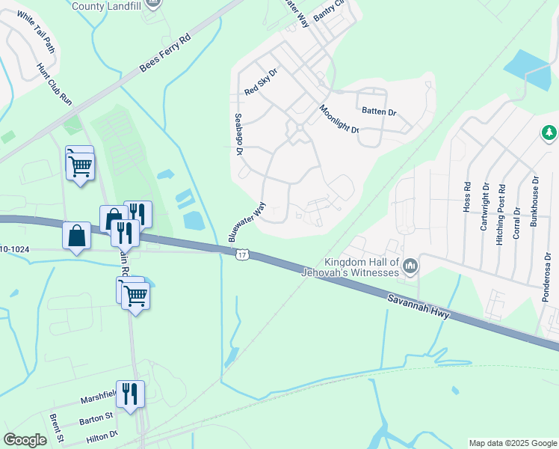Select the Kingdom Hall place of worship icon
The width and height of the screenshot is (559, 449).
coord(410,266)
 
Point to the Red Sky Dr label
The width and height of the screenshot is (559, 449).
coord(261,82)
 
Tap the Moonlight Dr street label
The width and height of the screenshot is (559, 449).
coord(339,118)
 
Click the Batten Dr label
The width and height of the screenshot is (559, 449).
coord(379,112)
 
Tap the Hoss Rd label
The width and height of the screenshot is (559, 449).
coord(467,196)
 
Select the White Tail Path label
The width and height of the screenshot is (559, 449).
coord(36,32)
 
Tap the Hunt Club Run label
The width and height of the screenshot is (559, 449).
coord(55,83)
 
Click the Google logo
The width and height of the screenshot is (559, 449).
coord(25,440)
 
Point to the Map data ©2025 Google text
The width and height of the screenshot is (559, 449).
coord(512,443)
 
